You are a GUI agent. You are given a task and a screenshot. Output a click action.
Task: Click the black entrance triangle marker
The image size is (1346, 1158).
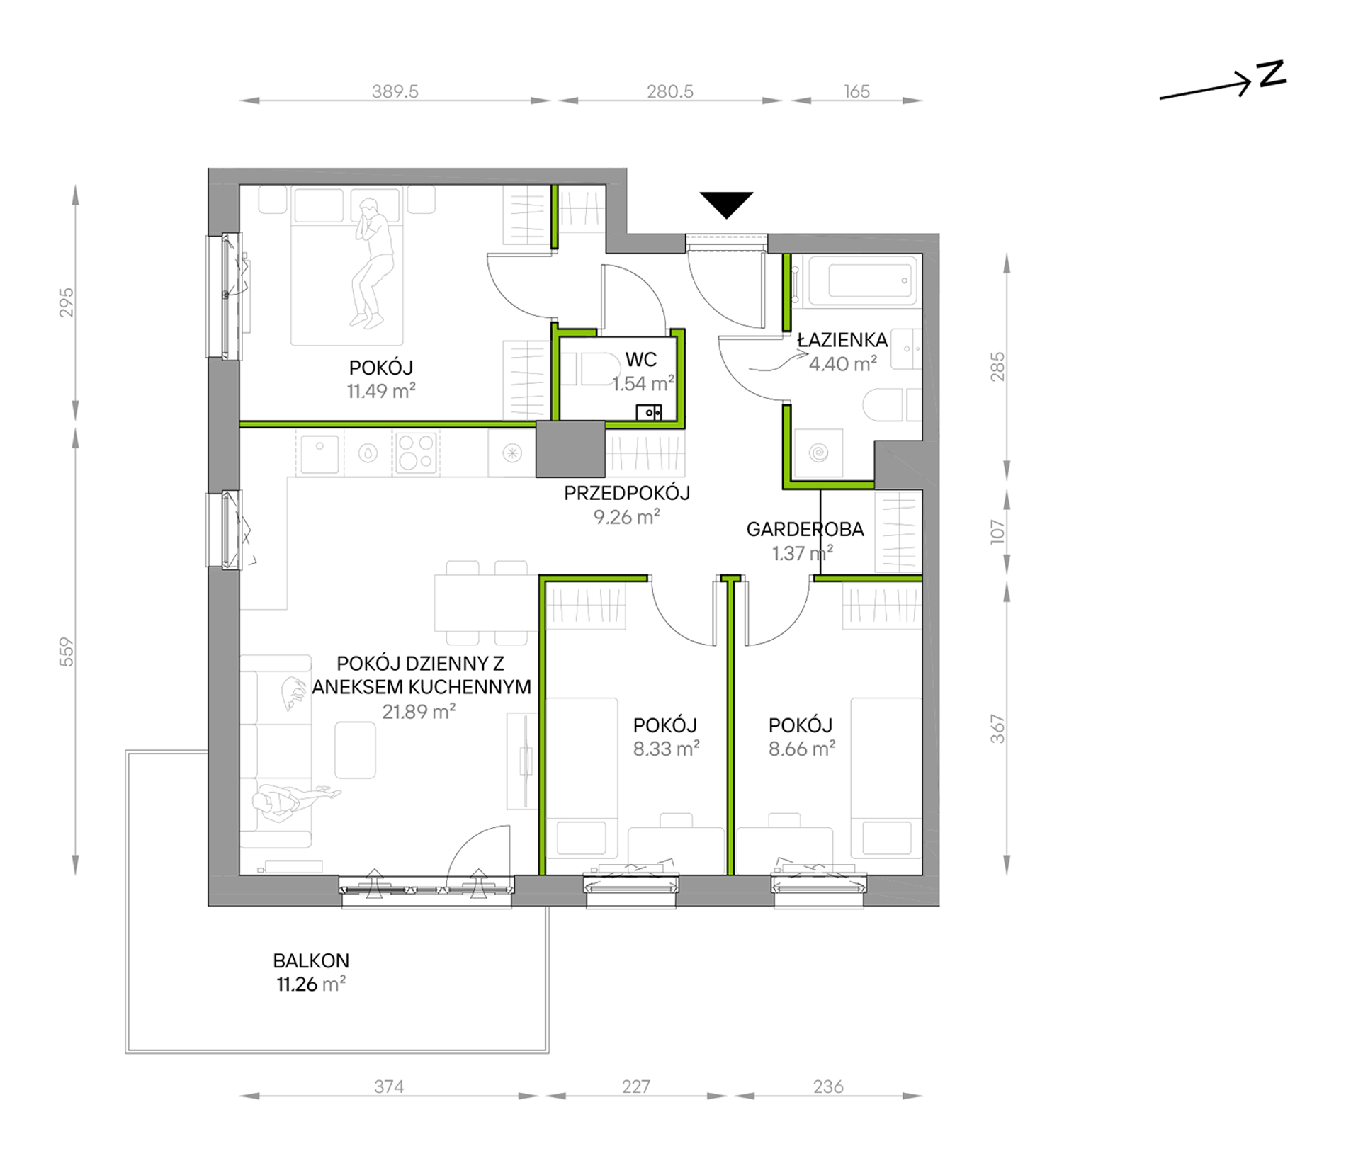[x=726, y=204]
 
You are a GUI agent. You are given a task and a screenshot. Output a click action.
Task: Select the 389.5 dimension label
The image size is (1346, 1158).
[x=395, y=91]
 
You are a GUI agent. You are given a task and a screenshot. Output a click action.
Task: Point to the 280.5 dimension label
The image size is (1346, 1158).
[x=669, y=91]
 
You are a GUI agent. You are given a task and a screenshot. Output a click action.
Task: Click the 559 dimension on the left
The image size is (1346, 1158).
[x=66, y=652]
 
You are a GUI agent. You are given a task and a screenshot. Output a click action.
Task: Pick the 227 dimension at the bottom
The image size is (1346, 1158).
[x=635, y=1086]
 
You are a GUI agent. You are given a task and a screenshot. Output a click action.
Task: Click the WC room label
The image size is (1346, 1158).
[x=640, y=360]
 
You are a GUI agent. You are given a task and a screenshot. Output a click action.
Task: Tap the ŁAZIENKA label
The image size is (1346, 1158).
[x=842, y=340]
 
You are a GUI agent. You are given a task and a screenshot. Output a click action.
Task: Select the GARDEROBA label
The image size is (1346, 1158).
[x=805, y=529]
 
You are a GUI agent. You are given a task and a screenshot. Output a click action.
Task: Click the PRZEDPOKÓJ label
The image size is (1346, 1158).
[x=627, y=493]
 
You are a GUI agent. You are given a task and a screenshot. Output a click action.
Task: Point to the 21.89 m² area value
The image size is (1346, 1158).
[x=419, y=712]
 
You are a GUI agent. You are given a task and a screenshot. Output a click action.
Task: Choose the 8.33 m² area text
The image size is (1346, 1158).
[x=666, y=749]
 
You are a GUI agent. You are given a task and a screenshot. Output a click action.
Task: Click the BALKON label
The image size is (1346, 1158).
[x=311, y=961]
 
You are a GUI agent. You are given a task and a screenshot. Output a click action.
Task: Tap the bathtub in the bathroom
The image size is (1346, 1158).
[x=855, y=280]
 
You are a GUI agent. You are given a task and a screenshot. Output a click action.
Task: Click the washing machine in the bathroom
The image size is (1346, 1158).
[x=818, y=453]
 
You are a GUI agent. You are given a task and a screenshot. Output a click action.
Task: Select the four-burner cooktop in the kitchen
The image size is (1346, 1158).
[x=416, y=453]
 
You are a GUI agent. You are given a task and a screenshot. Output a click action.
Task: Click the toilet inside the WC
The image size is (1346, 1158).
[x=594, y=368]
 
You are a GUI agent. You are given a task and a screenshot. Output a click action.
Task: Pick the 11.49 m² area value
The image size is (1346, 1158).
[x=381, y=391]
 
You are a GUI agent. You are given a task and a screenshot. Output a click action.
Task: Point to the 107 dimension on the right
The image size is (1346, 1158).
[x=997, y=531]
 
